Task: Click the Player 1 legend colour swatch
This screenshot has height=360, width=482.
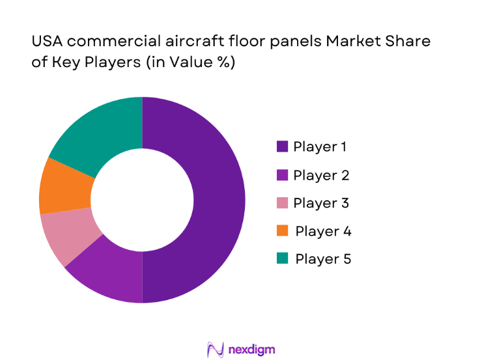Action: point(282,147)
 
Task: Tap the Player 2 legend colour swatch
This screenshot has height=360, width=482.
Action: point(282,175)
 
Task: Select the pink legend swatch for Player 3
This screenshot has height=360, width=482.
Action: point(282,203)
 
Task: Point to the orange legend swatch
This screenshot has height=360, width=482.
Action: point(282,231)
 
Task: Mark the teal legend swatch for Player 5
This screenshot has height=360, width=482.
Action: point(282,259)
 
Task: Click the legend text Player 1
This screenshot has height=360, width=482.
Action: point(320,147)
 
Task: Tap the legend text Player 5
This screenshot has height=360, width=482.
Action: point(323,259)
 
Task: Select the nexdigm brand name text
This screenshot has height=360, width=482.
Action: point(253,350)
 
